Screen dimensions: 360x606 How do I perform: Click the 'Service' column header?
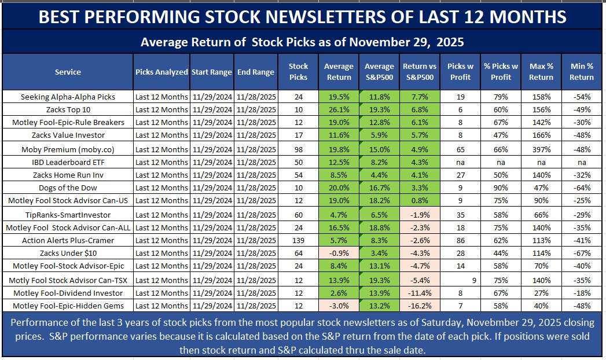tap(68, 72)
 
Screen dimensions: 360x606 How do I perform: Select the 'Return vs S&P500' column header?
tap(418, 72)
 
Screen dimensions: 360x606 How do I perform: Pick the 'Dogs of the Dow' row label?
tap(68, 188)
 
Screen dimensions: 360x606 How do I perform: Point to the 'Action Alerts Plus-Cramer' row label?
tap(68, 240)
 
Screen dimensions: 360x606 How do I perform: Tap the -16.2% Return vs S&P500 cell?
tap(418, 306)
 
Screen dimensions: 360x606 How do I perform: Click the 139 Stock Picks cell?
tap(299, 240)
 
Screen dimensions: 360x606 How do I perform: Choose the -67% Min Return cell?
tap(581, 254)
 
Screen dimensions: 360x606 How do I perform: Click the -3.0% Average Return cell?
tap(339, 306)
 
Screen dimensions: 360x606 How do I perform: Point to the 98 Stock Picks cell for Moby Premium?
tap(299, 148)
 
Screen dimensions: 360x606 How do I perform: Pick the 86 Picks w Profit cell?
tap(459, 240)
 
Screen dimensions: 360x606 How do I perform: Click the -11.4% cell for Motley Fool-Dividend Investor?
tap(418, 293)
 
